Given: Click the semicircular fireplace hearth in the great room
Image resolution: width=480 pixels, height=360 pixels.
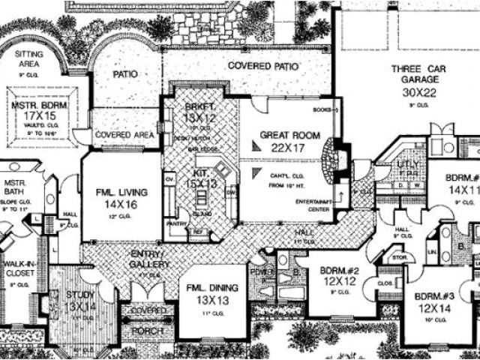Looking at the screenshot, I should [329, 160].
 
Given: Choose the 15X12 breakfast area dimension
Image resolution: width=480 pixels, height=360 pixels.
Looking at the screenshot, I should [199, 118].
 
